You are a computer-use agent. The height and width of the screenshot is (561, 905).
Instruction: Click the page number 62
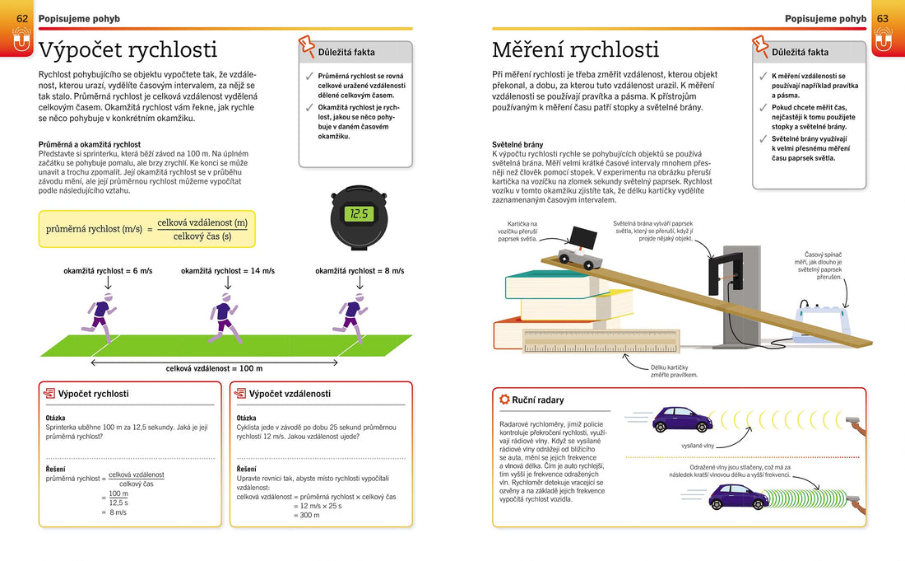tap(22, 18)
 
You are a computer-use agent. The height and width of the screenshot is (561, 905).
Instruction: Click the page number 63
tap(882, 18)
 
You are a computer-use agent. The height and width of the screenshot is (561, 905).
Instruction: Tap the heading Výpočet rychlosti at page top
tap(128, 50)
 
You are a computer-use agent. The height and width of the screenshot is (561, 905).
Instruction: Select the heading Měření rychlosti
tap(575, 50)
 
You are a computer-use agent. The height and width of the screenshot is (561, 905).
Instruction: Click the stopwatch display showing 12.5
tap(359, 213)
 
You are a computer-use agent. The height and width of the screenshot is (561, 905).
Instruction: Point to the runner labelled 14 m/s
tap(224, 317)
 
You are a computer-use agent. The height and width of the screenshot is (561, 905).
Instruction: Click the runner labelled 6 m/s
tap(100, 317)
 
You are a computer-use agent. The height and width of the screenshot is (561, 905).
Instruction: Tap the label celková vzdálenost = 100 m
tap(214, 368)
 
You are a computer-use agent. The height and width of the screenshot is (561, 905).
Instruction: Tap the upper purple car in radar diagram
tap(681, 419)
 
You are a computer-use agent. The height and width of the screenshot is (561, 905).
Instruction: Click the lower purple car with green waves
tap(739, 497)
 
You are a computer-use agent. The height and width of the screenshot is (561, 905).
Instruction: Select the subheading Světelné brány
tap(517, 144)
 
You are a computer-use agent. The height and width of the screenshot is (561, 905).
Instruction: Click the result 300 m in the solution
tap(309, 515)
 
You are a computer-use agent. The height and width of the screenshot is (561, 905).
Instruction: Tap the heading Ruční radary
tap(538, 400)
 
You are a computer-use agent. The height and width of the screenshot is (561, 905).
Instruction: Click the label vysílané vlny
tap(698, 445)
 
